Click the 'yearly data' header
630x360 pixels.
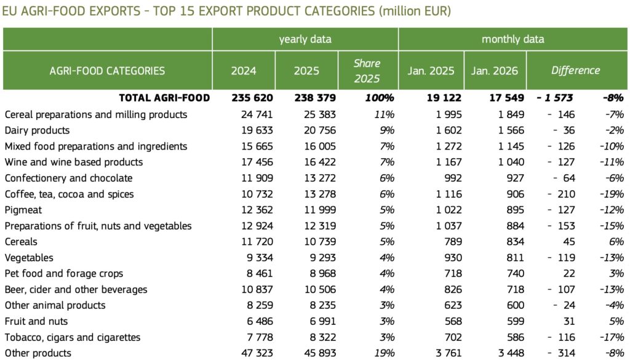[305, 39]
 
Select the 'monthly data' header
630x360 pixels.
[512, 39]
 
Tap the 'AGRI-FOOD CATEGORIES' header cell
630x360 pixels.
[107, 70]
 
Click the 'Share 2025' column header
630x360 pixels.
[367, 71]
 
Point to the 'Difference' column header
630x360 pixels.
[575, 70]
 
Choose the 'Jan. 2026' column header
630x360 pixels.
[495, 70]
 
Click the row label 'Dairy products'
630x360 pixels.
[37, 130]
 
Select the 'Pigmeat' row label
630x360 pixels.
[22, 210]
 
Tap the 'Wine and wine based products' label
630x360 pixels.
[73, 162]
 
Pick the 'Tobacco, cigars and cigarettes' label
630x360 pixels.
[72, 337]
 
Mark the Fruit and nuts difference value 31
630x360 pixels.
[568, 321]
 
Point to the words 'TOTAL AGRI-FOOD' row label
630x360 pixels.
[164, 98]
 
